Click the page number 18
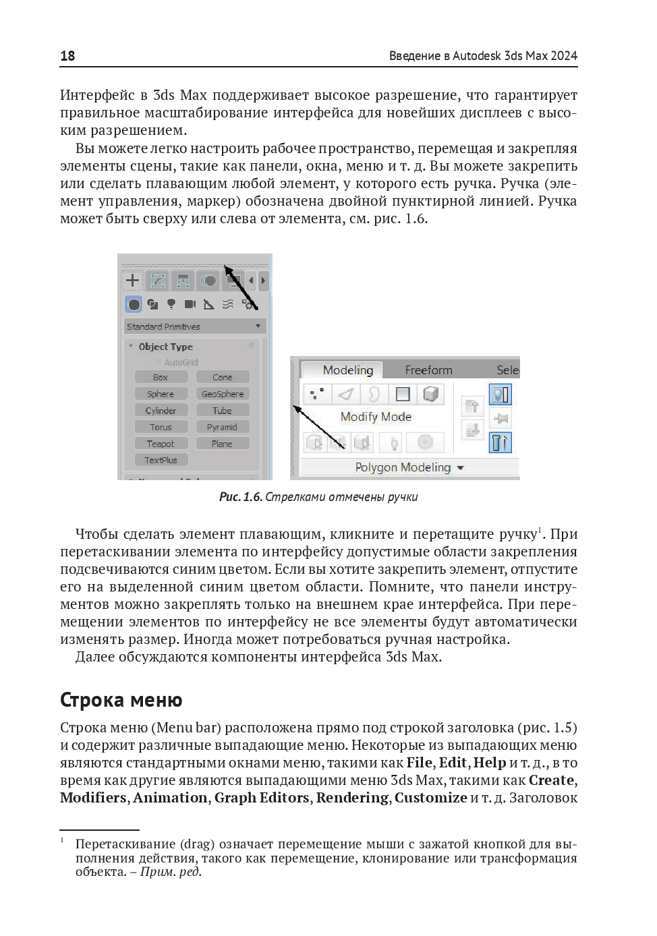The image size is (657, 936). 67,56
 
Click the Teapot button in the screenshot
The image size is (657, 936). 161,444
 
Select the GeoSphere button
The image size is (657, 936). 223,394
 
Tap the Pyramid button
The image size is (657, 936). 222,427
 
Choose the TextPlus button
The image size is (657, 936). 161,460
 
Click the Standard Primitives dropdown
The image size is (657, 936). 194,326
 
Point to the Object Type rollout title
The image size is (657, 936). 165,347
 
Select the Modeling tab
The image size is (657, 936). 347,370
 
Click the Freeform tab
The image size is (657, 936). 428,370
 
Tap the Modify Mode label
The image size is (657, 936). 376,417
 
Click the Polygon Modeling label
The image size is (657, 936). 403,467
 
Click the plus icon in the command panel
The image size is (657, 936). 133,281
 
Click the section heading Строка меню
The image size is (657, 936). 121,700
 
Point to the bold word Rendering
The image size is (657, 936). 352,798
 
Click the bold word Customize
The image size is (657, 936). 430,798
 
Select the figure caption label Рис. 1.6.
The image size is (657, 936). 240,497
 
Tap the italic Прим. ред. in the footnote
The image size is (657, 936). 171,872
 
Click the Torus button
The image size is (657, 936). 161,427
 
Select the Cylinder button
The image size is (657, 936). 161,411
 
